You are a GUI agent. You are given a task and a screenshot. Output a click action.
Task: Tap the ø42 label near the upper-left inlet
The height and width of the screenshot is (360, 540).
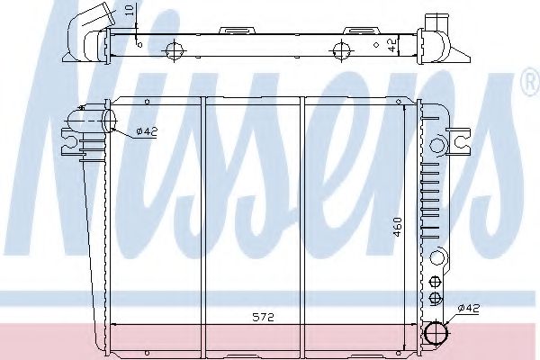147,132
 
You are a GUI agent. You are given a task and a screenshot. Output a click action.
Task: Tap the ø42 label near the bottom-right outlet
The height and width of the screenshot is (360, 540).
469,309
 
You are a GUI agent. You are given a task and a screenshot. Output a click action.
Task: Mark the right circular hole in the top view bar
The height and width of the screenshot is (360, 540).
341,50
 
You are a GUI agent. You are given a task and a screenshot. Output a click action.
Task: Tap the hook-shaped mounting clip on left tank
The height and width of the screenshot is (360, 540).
71,141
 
